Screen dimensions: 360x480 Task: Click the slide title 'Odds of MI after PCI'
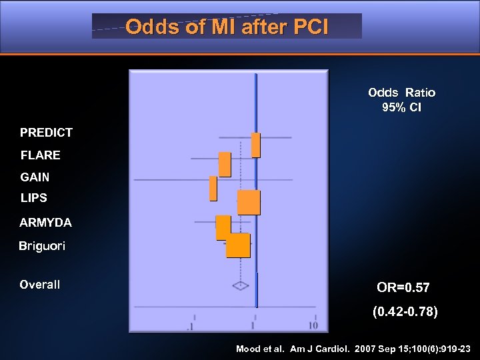click(227, 27)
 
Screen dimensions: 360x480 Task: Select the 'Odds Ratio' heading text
click(401, 93)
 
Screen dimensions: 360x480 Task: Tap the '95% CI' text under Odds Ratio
click(401, 107)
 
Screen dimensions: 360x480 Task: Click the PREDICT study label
click(46, 133)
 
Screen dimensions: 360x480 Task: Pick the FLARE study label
click(41, 155)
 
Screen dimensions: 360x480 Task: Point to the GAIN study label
click(35, 177)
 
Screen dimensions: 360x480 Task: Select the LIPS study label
click(33, 198)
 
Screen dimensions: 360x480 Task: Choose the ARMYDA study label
click(46, 222)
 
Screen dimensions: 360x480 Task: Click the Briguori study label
click(42, 247)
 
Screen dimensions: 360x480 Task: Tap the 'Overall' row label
click(40, 285)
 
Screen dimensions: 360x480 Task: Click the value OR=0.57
click(403, 288)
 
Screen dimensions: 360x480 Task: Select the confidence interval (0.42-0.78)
click(405, 311)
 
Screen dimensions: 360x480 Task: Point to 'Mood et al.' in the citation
click(260, 349)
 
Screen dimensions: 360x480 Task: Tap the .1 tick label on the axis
click(191, 326)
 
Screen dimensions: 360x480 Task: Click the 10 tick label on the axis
click(313, 325)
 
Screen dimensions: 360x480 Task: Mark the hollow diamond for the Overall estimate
click(240, 285)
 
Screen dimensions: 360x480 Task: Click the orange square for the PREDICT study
click(255, 145)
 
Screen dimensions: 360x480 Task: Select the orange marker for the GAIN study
click(213, 188)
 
